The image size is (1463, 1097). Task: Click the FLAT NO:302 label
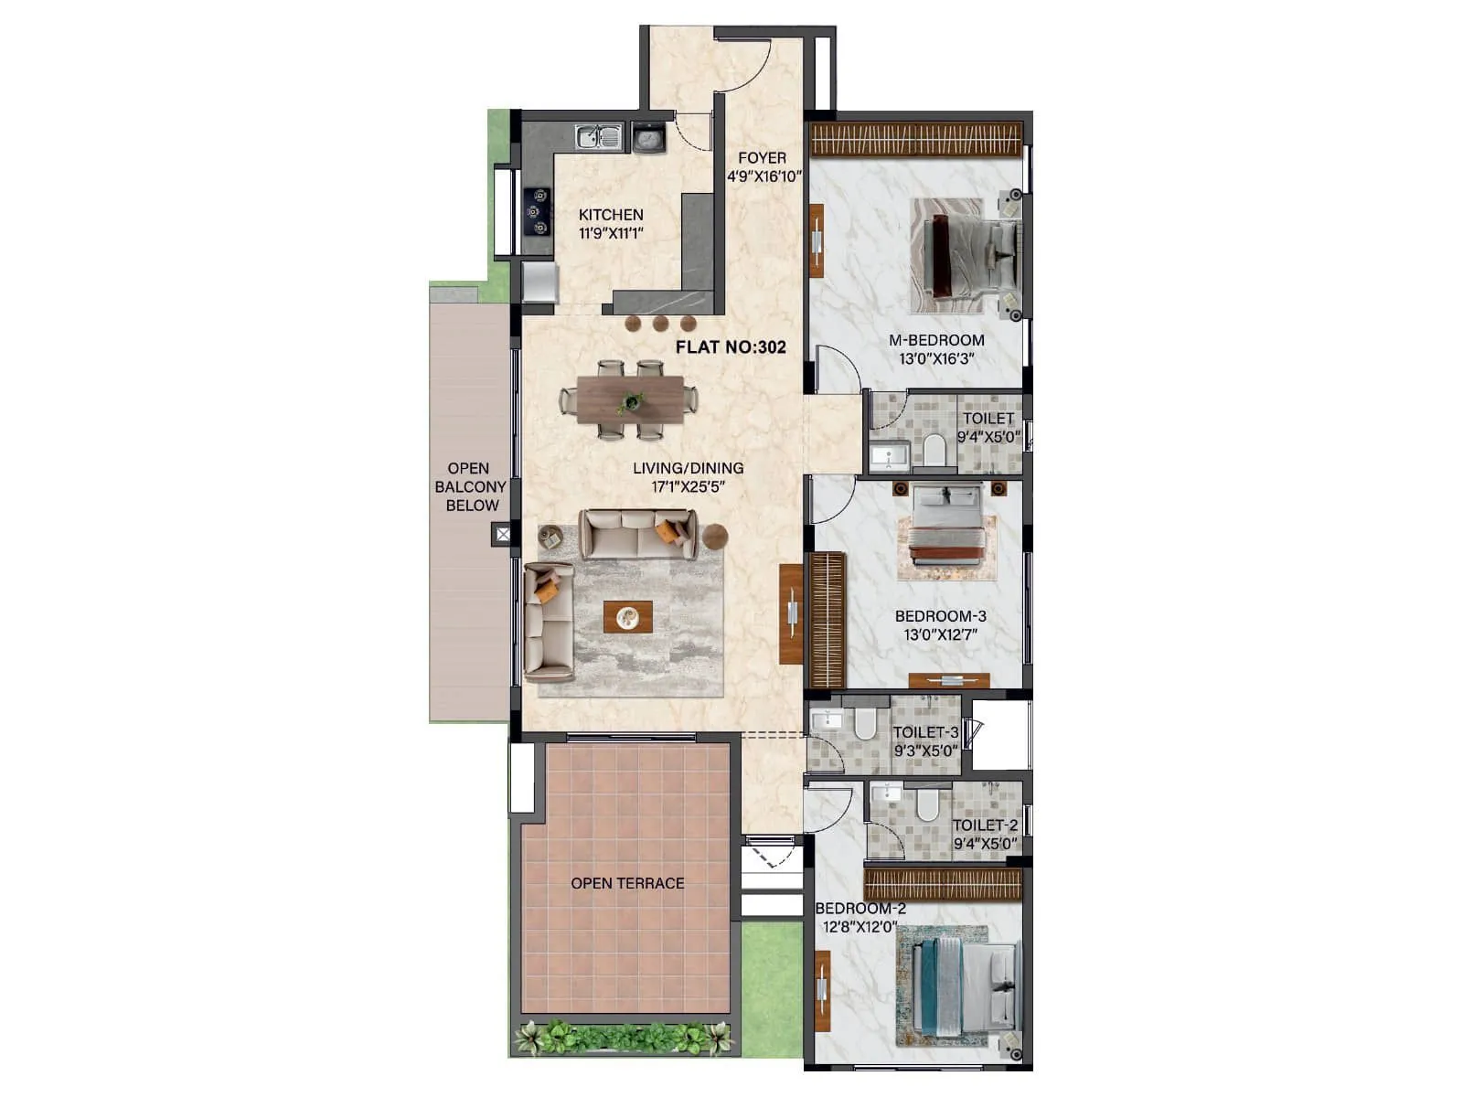731,347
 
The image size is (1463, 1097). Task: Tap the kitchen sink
599,138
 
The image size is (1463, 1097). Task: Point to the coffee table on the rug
628,617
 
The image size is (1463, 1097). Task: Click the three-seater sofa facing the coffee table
638,534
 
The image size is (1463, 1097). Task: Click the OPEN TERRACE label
627,883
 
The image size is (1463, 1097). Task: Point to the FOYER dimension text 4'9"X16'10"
764,176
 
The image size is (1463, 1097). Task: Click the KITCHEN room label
611,215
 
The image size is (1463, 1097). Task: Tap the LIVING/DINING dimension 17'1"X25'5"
688,487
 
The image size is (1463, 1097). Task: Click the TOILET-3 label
925,732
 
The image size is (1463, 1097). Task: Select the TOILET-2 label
985,825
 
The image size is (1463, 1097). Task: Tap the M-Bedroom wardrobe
915,140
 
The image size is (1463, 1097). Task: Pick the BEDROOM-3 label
940,616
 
